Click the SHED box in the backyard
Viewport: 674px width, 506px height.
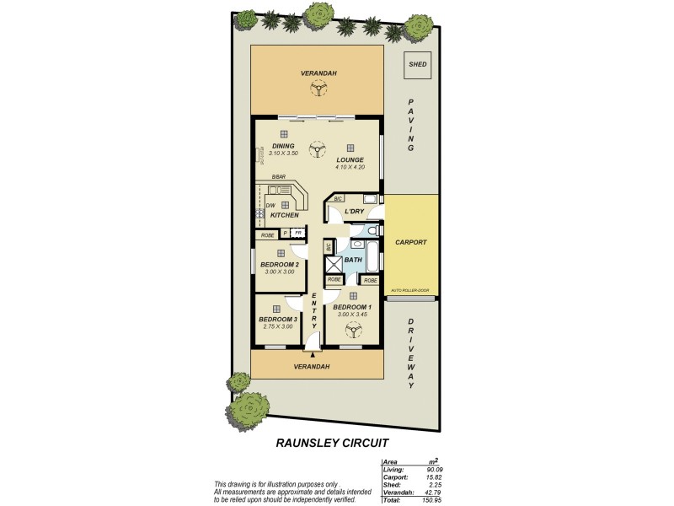417,64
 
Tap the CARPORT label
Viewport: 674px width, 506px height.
411,242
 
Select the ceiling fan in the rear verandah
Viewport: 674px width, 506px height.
318,89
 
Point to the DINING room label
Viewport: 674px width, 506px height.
283,146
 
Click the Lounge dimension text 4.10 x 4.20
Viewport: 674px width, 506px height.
349,166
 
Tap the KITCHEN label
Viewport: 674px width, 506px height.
285,216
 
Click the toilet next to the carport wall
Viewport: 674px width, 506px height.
377,228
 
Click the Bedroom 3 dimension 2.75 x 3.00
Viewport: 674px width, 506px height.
277,326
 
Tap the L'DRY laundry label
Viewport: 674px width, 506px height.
353,211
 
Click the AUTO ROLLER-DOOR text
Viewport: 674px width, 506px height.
410,290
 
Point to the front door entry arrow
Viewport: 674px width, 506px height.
313,355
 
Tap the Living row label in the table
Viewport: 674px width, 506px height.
393,470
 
